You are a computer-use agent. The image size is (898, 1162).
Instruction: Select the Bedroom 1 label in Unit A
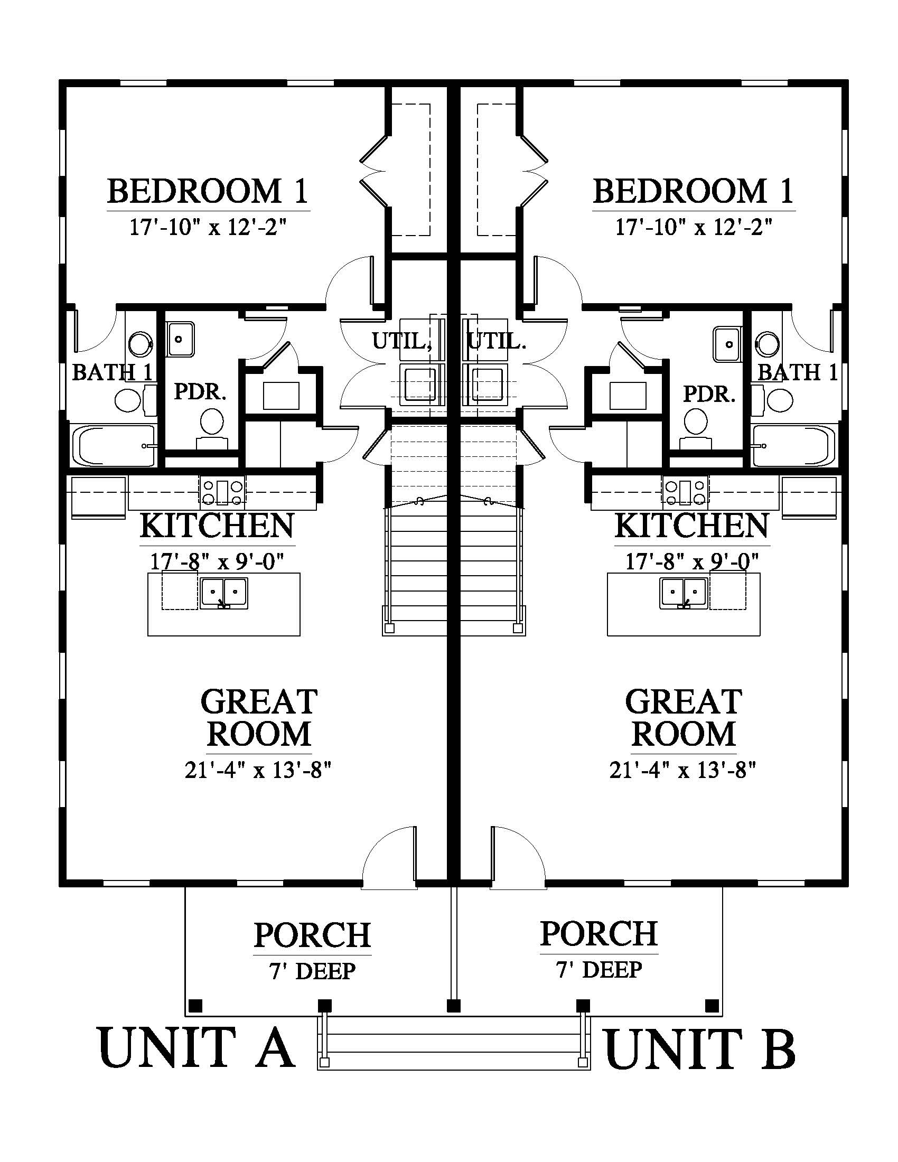coord(208,192)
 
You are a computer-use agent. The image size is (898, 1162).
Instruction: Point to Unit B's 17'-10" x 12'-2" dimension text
coord(694,227)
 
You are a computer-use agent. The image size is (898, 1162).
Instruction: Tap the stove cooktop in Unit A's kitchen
coord(223,491)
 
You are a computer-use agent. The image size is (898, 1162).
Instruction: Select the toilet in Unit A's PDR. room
coord(212,428)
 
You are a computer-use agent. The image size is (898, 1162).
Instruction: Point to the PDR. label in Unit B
coord(709,394)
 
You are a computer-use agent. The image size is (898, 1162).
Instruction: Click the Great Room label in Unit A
coord(259,717)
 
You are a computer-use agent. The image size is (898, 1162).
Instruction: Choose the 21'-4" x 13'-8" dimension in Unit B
coord(683,770)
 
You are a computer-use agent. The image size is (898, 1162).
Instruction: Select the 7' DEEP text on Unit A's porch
coord(312,971)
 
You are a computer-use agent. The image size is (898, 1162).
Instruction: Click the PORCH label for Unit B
coord(599,934)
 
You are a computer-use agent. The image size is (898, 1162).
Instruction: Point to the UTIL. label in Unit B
coord(497,341)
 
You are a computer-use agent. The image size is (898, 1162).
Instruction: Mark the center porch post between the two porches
coord(454,1006)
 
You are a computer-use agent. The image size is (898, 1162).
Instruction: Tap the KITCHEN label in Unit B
coord(691,526)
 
